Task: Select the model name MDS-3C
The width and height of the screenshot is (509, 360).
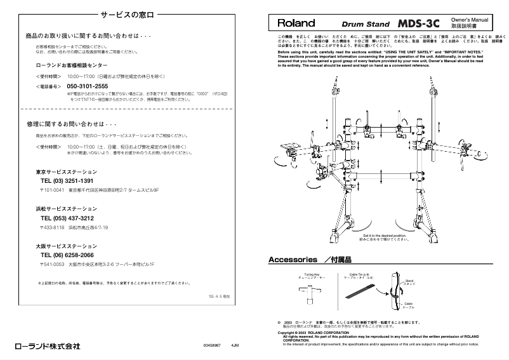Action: tap(419, 23)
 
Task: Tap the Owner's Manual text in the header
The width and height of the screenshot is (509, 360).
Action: tap(468, 20)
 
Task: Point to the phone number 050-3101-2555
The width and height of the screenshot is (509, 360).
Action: tap(87, 86)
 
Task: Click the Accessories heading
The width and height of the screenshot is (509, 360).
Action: tap(293, 260)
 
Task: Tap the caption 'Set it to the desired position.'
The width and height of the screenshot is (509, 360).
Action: tap(381, 235)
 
